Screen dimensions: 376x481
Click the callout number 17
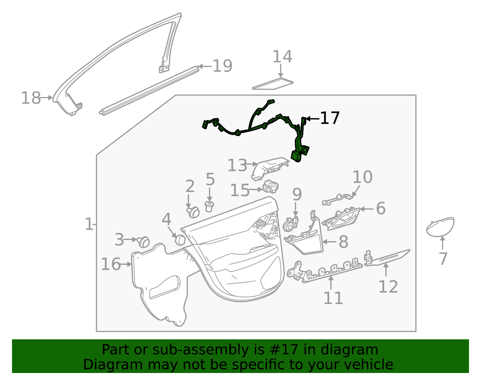point(330,118)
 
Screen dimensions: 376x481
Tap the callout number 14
point(282,57)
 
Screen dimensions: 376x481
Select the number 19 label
point(222,66)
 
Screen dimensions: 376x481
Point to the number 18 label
point(31,98)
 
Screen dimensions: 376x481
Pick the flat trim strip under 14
point(272,85)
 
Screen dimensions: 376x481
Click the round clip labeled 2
point(193,212)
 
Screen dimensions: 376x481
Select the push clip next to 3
point(143,242)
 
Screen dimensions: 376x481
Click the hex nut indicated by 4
point(180,240)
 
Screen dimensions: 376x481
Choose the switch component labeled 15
point(271,187)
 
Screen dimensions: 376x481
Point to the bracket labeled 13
point(269,169)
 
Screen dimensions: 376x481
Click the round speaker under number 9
point(289,226)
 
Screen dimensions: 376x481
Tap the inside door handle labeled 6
point(343,219)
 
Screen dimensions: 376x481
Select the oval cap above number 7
point(440,226)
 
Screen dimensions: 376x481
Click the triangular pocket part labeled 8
point(307,242)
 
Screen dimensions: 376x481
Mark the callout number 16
point(111,264)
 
